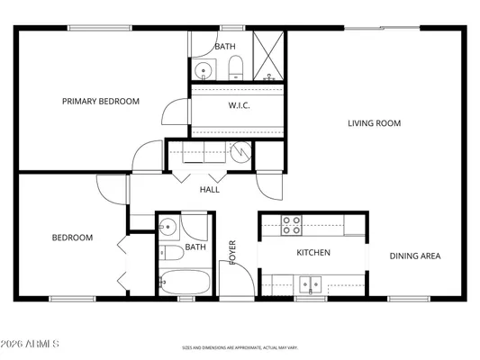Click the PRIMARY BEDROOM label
(101, 102)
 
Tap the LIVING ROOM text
(374, 123)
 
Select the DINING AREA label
(414, 256)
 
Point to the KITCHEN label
(313, 253)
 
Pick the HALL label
(210, 190)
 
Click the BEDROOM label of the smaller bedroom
(72, 238)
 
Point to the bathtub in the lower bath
(185, 283)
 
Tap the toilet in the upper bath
(235, 66)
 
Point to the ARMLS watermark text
(32, 345)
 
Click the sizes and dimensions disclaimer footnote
(240, 346)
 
